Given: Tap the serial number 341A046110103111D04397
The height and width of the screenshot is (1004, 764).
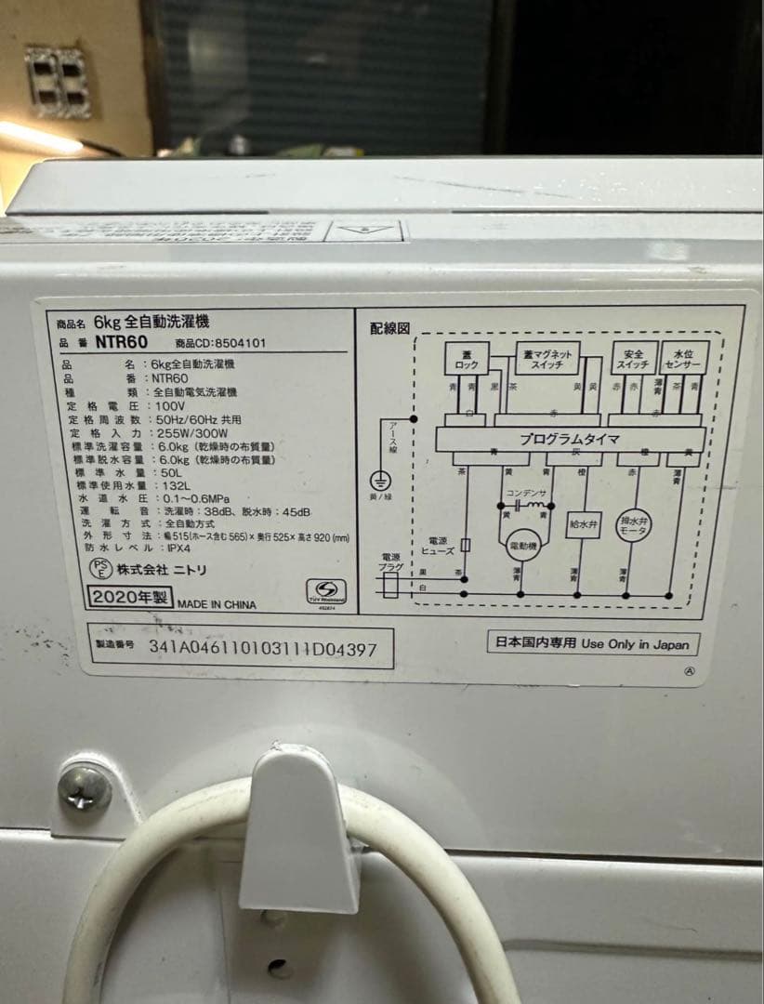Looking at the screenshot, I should pyautogui.click(x=263, y=648).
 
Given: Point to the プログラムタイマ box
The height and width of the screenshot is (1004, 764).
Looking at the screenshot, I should pyautogui.click(x=569, y=438).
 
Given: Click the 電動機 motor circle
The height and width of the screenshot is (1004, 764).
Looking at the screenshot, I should pyautogui.click(x=521, y=546).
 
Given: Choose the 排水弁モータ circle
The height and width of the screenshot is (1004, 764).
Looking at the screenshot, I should pyautogui.click(x=633, y=527).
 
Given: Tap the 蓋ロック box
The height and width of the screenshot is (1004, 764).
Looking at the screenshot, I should pyautogui.click(x=467, y=358).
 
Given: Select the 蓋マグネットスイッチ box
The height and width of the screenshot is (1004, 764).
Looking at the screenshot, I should pyautogui.click(x=548, y=358).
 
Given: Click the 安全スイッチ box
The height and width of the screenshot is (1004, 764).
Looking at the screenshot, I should pyautogui.click(x=634, y=358).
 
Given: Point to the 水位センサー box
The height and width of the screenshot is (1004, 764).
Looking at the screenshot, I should pyautogui.click(x=686, y=358).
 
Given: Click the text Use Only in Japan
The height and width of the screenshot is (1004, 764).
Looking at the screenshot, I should pyautogui.click(x=636, y=643).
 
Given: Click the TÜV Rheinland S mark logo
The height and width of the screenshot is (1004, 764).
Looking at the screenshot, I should pyautogui.click(x=325, y=591).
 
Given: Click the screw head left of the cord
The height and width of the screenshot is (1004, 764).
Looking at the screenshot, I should pyautogui.click(x=85, y=786).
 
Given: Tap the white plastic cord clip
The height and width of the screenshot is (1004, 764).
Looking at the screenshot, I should pyautogui.click(x=299, y=827).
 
